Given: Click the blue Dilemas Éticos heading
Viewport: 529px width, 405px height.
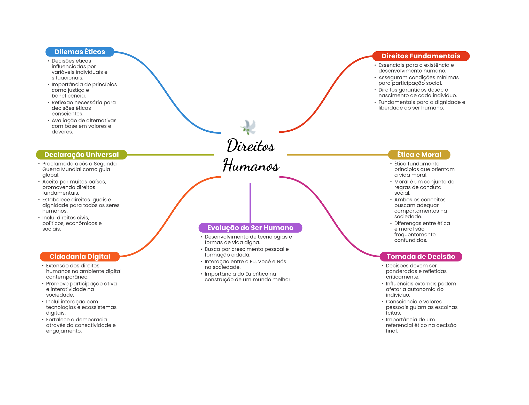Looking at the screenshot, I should click(80, 52).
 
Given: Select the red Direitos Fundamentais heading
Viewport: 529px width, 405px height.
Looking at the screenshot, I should click(421, 56).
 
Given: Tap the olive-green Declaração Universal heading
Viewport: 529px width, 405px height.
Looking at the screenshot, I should click(81, 155).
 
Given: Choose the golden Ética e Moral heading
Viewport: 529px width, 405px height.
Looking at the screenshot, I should click(419, 155).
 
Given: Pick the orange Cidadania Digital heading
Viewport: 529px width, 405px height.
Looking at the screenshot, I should click(80, 257).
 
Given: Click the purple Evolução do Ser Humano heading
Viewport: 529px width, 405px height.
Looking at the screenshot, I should click(250, 228).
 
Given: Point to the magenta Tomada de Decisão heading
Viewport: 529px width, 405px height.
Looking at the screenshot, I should click(421, 257).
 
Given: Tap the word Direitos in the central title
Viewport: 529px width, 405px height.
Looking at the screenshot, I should click(251, 146).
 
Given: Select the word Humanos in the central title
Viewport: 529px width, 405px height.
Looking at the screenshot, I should click(251, 165).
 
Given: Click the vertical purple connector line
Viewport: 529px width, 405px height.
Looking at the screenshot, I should click(250, 203).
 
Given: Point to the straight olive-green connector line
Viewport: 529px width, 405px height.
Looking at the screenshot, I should click(170, 155).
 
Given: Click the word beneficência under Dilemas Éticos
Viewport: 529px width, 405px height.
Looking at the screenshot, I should click(68, 96).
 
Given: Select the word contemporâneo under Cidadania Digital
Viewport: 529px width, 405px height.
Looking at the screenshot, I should click(67, 277).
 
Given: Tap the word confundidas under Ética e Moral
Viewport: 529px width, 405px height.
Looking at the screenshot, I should click(410, 240).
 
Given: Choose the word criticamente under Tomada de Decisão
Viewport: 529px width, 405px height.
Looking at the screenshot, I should click(402, 277).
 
